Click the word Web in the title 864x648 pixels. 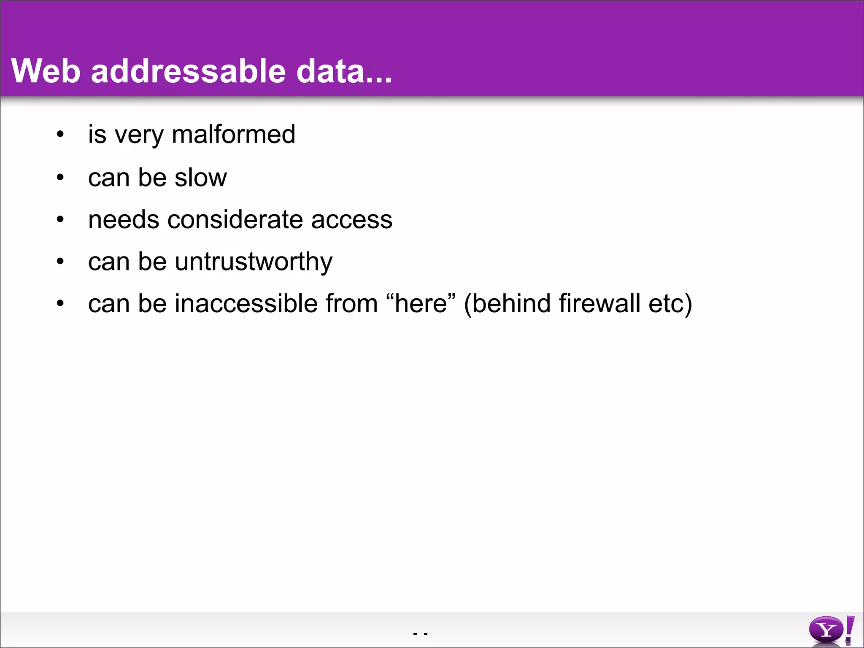(x=46, y=71)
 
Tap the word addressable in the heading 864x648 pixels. (x=188, y=71)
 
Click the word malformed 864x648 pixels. (x=233, y=135)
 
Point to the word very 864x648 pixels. (x=139, y=135)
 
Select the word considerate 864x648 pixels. (x=235, y=220)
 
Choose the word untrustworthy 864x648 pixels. (x=253, y=262)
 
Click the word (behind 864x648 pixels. (x=507, y=304)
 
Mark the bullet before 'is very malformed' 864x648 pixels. (x=60, y=135)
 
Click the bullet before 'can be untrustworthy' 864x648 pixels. (x=60, y=262)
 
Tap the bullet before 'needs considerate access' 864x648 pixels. (x=60, y=219)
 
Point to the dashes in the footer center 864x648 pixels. (x=420, y=634)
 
